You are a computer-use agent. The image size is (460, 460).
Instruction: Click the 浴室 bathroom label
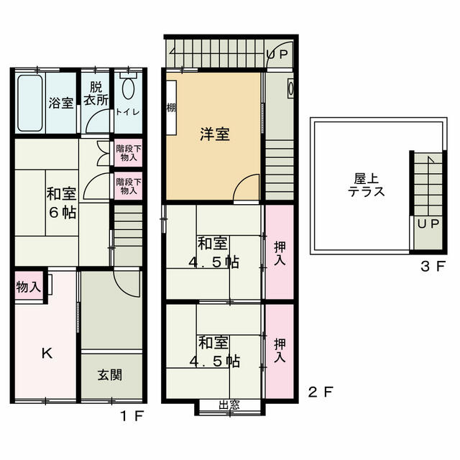point(60,103)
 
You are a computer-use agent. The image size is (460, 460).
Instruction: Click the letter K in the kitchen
point(46,353)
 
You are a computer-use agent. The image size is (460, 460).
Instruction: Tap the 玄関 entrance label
point(110,374)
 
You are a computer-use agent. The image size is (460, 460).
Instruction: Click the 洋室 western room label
point(215,134)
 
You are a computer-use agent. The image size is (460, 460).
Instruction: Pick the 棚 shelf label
point(171,107)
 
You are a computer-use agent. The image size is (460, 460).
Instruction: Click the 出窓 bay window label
point(229,405)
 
